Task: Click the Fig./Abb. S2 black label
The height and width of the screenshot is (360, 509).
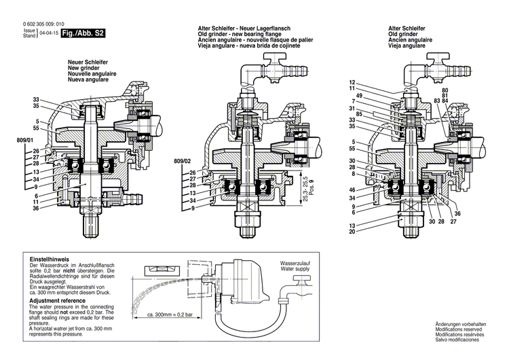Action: pyautogui.click(x=83, y=33)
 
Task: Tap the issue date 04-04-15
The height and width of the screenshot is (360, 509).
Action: pyautogui.click(x=49, y=33)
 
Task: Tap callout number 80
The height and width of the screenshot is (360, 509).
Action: pyautogui.click(x=445, y=90)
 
